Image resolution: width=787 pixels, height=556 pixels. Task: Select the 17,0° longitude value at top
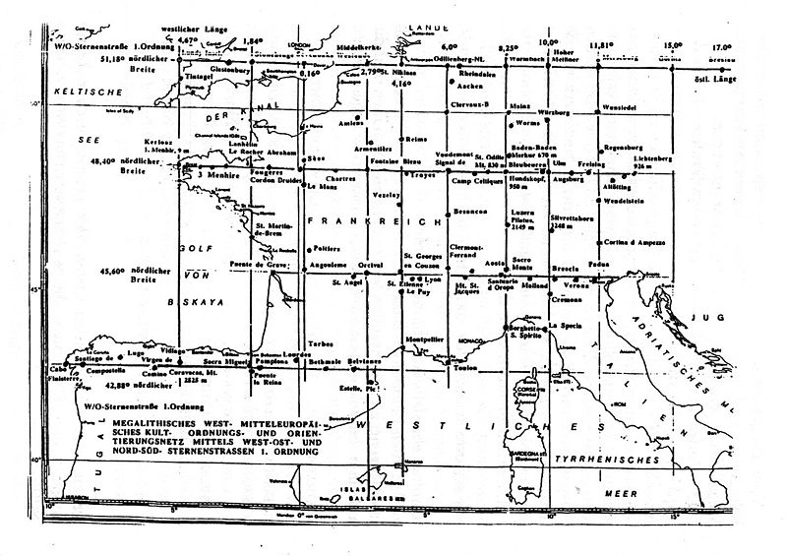[723, 45]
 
